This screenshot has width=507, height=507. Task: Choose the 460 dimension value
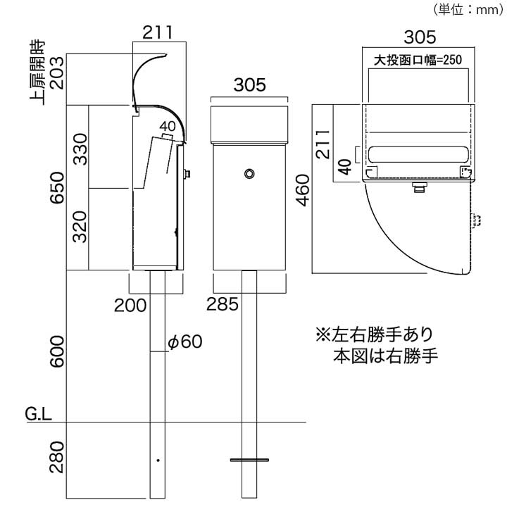303,189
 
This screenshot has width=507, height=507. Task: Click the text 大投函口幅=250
417,61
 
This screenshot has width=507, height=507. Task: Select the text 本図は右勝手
384,355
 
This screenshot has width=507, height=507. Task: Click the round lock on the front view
249,173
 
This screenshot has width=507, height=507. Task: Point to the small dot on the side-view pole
158,461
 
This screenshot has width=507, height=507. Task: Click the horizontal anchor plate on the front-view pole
249,460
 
